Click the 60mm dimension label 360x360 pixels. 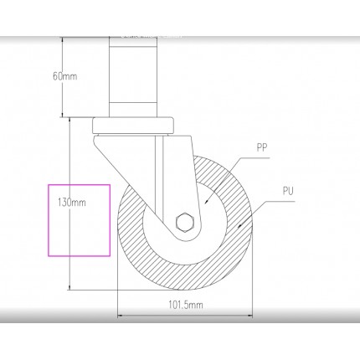coord(64,76)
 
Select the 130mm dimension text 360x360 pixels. coord(72,203)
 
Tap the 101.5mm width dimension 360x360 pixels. coord(186,305)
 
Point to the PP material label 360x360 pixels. coord(262,147)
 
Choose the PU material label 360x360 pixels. coord(288,191)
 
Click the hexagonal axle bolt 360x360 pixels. coord(185,222)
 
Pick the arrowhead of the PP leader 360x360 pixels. coord(206,202)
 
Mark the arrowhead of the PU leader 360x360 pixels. coord(239,225)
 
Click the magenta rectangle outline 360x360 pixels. coord(49,220)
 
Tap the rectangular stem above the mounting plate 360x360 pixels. coord(132,77)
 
